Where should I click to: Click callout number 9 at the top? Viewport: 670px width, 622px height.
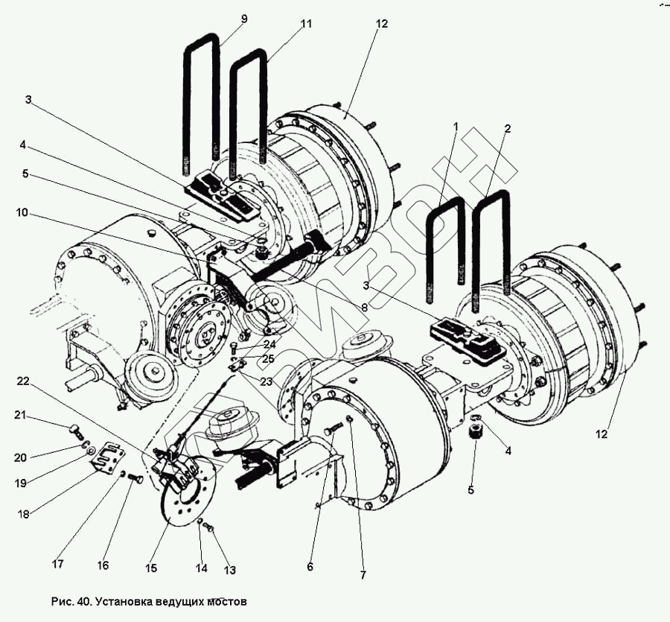[244, 19]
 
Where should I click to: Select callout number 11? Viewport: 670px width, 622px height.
[306, 24]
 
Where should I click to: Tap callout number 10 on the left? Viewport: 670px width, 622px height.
[22, 212]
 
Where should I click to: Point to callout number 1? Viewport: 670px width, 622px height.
[456, 127]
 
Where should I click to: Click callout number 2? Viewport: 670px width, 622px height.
[507, 128]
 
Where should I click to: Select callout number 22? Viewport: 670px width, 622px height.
[23, 381]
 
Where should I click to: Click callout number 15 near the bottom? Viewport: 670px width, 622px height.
[151, 568]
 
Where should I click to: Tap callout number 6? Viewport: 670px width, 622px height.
[310, 567]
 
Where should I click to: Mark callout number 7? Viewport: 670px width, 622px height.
[363, 575]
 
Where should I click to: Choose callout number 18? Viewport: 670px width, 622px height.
[23, 514]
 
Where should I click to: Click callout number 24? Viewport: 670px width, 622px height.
[269, 343]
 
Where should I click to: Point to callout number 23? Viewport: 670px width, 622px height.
[266, 381]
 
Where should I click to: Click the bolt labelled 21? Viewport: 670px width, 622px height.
[76, 430]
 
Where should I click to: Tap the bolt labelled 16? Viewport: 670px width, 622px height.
[135, 478]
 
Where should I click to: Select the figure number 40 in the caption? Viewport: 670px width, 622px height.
[83, 601]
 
